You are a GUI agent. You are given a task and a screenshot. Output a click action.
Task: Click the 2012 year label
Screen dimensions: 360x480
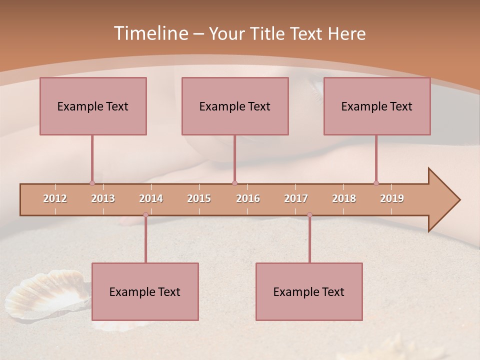click(55, 198)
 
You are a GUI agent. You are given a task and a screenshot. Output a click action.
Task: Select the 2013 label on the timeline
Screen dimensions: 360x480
click(103, 198)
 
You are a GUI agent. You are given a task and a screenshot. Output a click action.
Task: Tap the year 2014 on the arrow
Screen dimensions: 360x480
click(151, 198)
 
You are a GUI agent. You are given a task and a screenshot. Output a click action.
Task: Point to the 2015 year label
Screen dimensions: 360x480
click(199, 198)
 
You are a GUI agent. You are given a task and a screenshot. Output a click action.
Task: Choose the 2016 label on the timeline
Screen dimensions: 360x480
click(248, 198)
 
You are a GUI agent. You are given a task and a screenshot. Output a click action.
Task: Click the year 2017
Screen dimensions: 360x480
click(296, 198)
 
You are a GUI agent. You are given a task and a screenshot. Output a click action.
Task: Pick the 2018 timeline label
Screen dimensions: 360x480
click(344, 198)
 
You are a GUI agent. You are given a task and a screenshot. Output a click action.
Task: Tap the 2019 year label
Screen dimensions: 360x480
click(392, 198)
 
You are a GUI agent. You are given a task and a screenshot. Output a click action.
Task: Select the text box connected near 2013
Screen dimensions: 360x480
click(93, 106)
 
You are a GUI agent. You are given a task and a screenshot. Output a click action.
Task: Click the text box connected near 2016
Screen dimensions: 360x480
click(235, 106)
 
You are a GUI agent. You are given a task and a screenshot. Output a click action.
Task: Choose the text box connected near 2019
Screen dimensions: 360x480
click(377, 106)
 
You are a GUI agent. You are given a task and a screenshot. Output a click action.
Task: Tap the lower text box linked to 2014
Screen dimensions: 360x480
click(145, 291)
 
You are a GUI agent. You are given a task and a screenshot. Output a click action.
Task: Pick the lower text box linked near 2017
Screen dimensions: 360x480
click(309, 291)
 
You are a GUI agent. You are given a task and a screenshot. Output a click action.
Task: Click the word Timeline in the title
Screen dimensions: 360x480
click(150, 33)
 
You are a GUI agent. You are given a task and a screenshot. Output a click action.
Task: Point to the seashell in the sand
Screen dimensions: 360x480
click(47, 295)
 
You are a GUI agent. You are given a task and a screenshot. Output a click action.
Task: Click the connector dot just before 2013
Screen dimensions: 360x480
click(92, 183)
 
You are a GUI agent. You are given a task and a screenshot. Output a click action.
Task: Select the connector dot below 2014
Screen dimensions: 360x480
click(145, 214)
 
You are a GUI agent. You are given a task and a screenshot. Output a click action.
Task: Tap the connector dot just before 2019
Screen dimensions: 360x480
click(376, 183)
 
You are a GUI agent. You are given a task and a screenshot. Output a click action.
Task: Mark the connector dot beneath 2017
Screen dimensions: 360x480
click(309, 214)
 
